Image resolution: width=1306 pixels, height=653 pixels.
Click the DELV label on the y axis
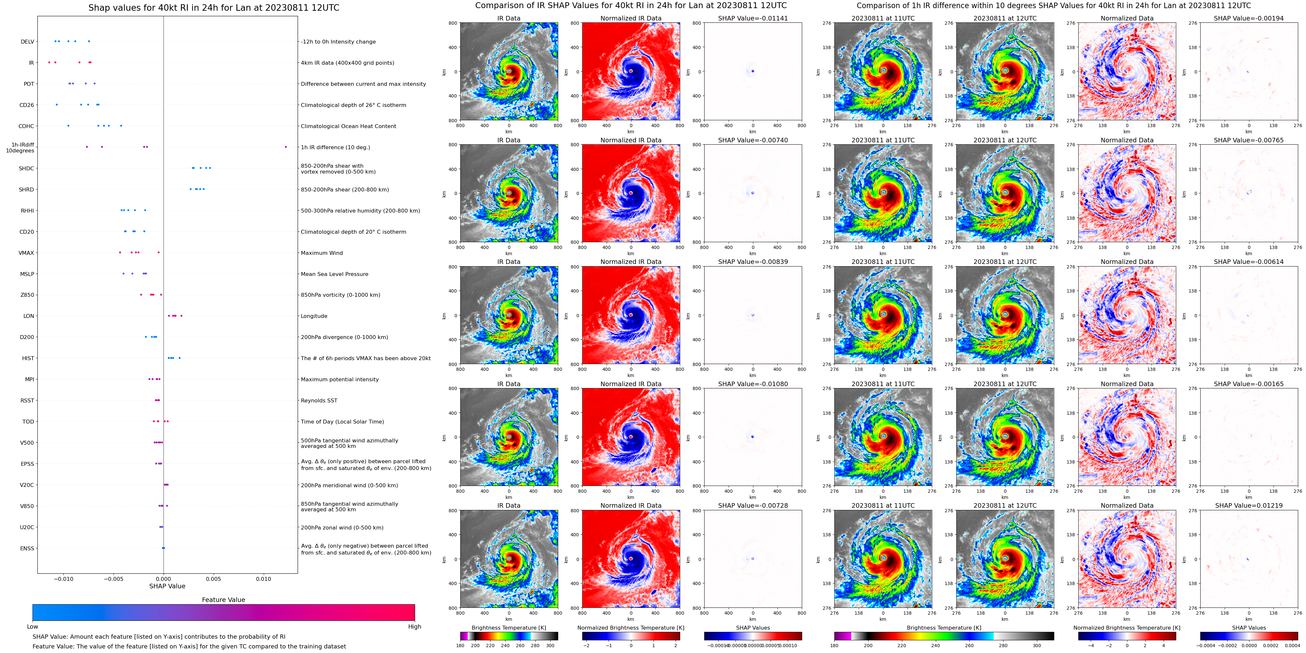[x=27, y=42]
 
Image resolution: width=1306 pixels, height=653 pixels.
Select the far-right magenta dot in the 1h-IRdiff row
[x=286, y=147]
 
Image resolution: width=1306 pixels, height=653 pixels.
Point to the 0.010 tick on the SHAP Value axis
[x=263, y=579]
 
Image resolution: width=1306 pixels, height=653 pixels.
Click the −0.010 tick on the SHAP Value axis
[x=63, y=579]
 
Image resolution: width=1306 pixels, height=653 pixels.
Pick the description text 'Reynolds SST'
[x=319, y=401]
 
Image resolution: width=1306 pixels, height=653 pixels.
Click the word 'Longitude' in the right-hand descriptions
[x=314, y=316]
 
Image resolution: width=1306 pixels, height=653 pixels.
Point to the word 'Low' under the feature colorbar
[x=33, y=627]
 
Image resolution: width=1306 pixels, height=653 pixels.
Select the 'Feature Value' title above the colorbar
[x=223, y=600]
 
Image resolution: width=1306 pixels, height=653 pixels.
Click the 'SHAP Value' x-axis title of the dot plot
[x=167, y=586]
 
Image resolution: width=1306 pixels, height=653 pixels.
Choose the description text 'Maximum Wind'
[x=321, y=253]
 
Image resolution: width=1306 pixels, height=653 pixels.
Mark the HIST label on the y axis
[x=28, y=358]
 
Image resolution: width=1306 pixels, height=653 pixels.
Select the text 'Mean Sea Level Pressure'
[x=334, y=274]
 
